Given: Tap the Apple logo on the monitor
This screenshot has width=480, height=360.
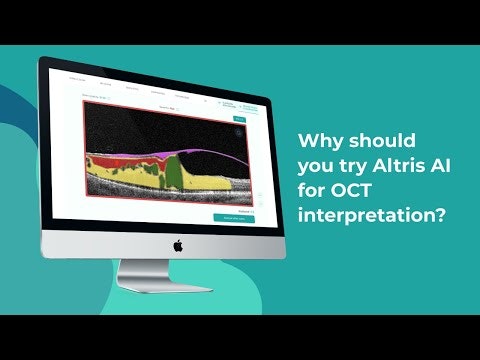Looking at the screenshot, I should click(178, 244).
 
